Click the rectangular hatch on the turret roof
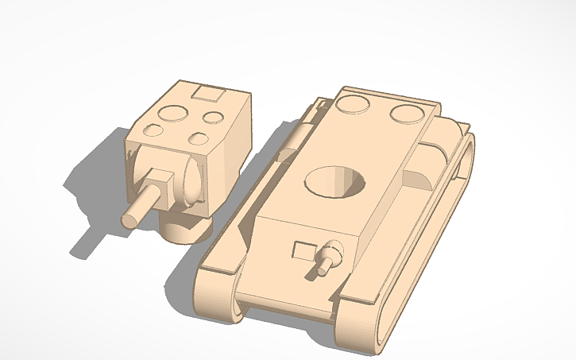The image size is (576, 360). [x=209, y=95]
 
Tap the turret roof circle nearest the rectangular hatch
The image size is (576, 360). [x=212, y=118]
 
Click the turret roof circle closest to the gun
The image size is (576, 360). [x=198, y=140]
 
